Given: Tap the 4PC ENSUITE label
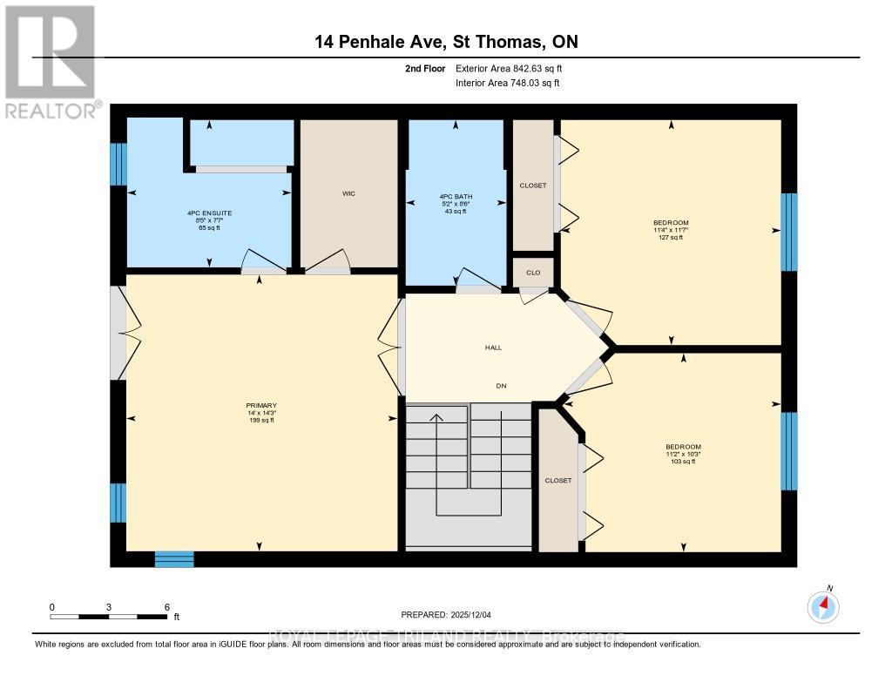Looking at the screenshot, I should [209, 213].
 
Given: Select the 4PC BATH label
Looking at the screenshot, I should [455, 197].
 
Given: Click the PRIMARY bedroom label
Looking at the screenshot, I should [260, 406].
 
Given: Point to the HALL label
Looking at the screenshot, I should [493, 348].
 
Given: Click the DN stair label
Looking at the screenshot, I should [501, 386].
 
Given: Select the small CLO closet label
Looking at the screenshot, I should [533, 273].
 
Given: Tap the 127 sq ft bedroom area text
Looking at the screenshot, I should [671, 237].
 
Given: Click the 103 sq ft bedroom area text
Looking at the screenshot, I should [683, 461].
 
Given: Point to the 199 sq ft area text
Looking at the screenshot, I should [260, 421].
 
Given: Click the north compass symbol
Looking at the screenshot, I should [823, 605].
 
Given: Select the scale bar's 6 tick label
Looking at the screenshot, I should [166, 606].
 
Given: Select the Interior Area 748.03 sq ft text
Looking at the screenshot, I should [508, 83].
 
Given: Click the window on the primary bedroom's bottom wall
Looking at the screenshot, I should [174, 559].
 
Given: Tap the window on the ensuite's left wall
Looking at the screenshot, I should [118, 165].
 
